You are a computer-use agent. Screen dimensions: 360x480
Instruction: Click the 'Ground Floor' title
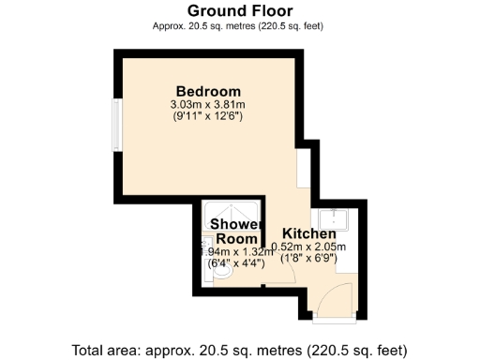238,11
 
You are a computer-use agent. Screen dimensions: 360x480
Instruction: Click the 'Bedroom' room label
207,90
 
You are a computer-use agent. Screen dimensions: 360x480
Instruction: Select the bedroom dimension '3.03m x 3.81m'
207,104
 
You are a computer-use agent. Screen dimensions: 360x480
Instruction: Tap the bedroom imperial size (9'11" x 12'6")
207,117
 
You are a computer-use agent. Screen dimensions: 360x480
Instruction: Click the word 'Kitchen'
309,233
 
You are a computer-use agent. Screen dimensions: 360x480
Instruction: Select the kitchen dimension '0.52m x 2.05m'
309,247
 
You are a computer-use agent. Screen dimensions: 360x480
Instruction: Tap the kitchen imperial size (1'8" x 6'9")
309,261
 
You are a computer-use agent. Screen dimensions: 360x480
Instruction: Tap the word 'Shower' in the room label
235,225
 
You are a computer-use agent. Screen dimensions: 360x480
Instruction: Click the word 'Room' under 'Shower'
235,239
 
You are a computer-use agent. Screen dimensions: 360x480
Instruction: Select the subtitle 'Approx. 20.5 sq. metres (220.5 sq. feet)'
238,26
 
